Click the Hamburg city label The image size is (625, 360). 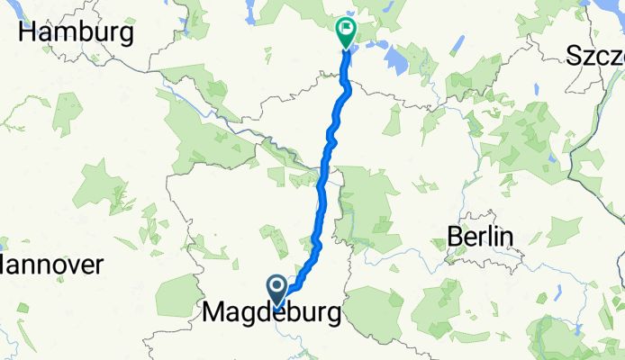[77, 33]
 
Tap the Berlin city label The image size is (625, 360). [480, 238]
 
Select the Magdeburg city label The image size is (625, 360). [272, 314]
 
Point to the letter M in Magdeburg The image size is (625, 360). [214, 314]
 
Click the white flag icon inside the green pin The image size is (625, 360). [345, 29]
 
